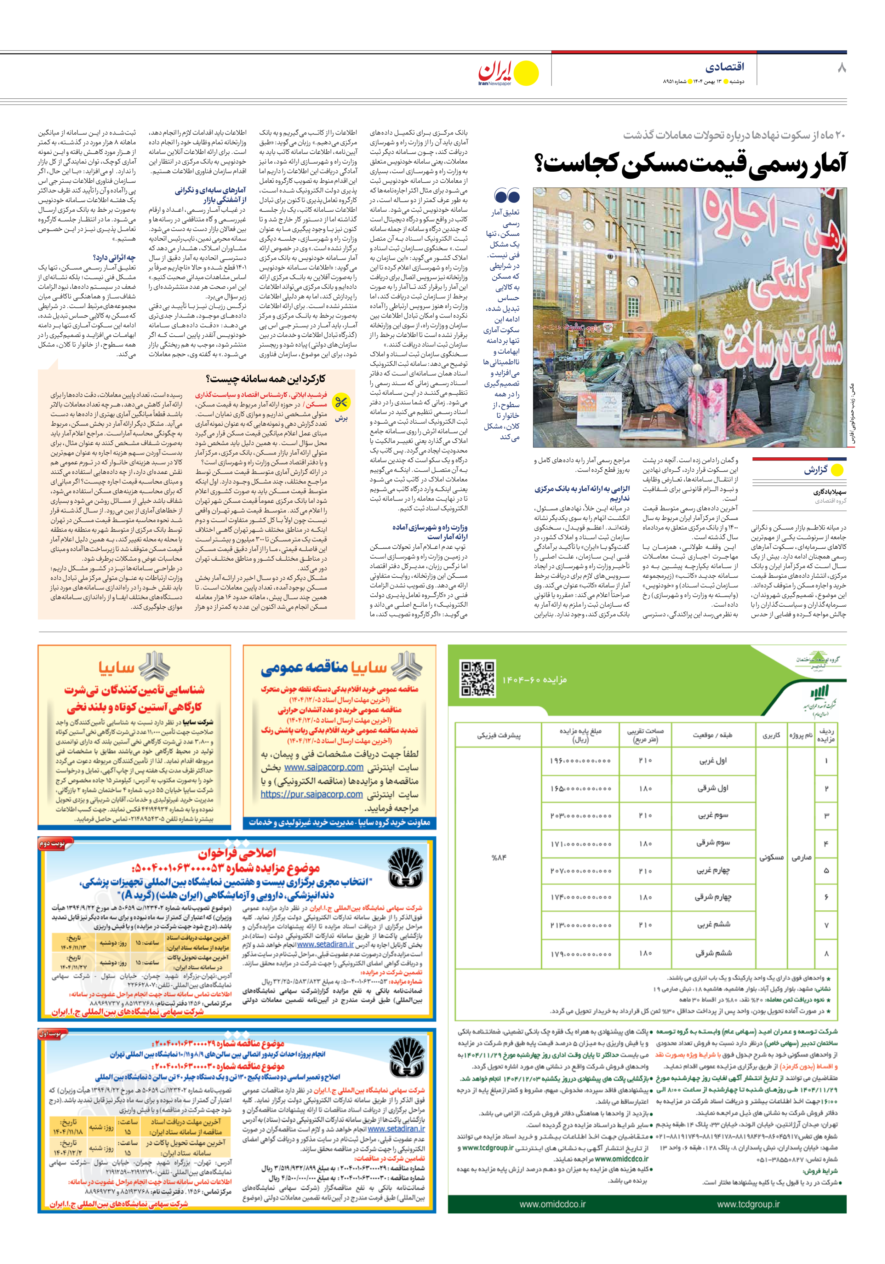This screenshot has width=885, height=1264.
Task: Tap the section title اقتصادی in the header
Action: click(724, 67)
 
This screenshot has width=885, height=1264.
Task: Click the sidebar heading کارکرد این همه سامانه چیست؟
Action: click(265, 379)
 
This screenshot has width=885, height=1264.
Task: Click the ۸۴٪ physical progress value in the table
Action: click(498, 857)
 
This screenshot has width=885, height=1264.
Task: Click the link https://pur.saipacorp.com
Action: click(312, 794)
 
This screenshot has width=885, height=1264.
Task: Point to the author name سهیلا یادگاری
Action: click(829, 492)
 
